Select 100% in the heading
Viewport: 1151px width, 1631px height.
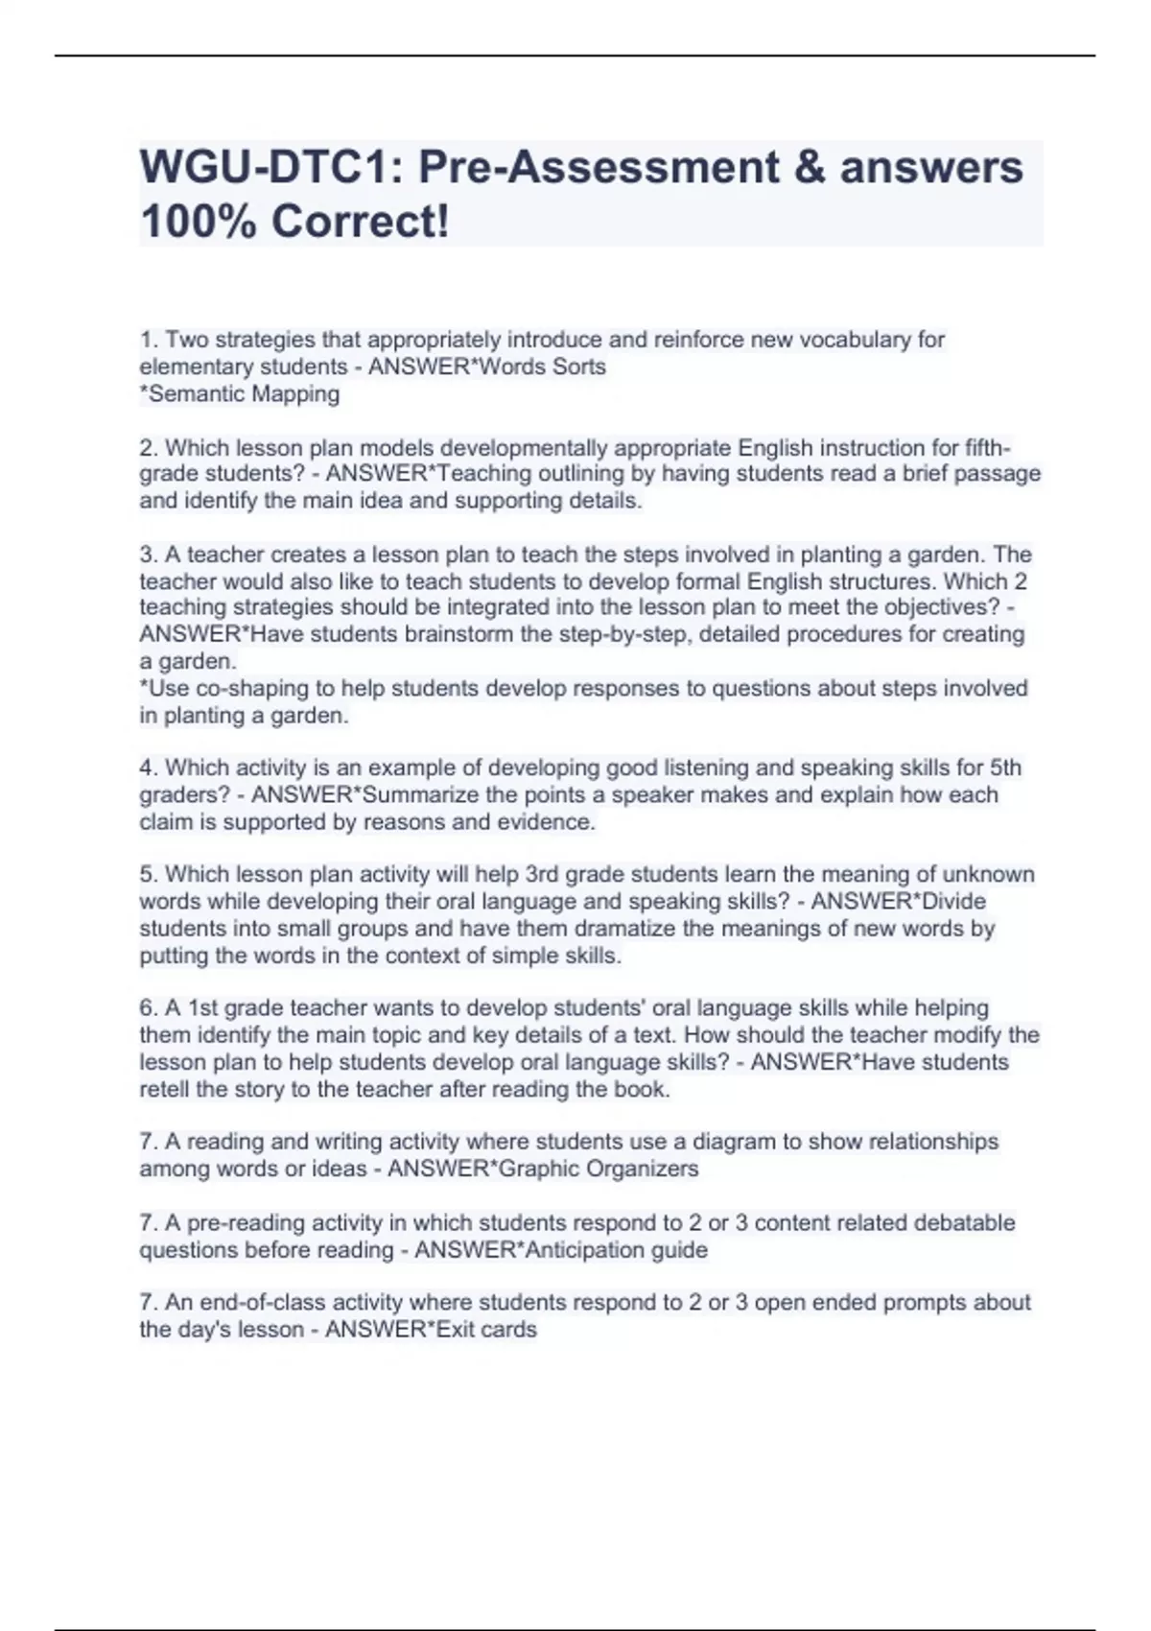pyautogui.click(x=198, y=223)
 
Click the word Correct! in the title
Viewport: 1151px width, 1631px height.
pyautogui.click(x=360, y=223)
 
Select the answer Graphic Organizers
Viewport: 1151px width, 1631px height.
pyautogui.click(x=599, y=1170)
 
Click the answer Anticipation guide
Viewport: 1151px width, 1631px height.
pyautogui.click(x=613, y=1251)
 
